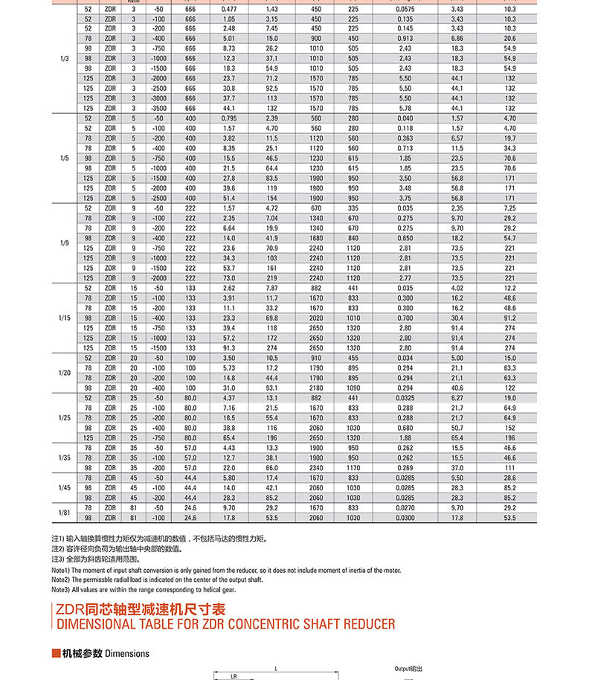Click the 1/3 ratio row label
click(65, 57)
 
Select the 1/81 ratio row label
click(65, 513)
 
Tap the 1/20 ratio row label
click(65, 372)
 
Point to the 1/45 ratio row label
click(65, 487)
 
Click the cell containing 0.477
click(229, 7)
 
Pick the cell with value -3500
click(158, 108)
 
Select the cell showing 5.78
click(405, 108)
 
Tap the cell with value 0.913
click(405, 38)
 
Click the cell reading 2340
click(316, 467)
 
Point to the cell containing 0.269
click(405, 467)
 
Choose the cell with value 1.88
click(405, 437)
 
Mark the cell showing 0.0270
click(405, 507)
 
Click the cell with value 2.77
click(405, 278)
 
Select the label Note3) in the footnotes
click(60, 588)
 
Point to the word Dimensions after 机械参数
click(127, 654)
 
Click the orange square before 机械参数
click(56, 654)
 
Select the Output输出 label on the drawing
click(408, 669)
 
